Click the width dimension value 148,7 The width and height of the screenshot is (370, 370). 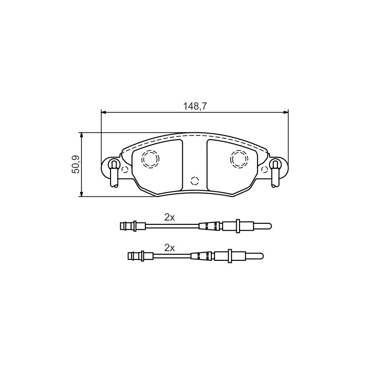coord(195,106)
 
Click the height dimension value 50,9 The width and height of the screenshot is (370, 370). coord(76,164)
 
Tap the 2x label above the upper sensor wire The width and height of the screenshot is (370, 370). coord(169,217)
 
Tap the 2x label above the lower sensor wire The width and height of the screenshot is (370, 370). coord(169,248)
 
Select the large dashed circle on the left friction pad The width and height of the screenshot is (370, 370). coord(150,159)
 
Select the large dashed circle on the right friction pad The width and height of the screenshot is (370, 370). coord(239,159)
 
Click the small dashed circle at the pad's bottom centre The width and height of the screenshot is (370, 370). coord(195,181)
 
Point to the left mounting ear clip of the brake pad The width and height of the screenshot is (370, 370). coord(114,173)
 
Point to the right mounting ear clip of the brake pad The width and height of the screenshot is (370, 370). coord(275,173)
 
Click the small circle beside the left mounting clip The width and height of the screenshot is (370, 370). coord(124,169)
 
